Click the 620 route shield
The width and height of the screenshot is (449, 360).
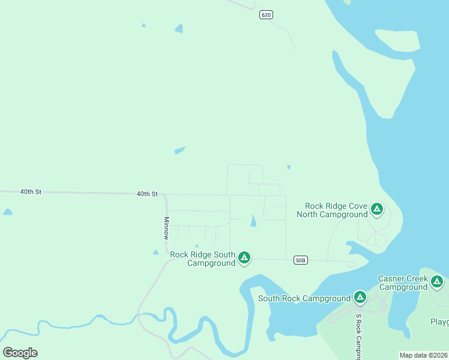[x=267, y=14]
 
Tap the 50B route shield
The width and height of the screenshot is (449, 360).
[x=301, y=260]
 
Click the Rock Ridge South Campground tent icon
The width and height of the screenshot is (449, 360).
[x=244, y=258]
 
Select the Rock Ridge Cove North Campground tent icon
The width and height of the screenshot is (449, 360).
[x=376, y=209]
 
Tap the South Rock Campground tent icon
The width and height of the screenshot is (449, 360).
[x=360, y=297]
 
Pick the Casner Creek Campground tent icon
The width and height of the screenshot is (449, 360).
[x=436, y=281]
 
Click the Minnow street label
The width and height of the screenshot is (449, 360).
[x=166, y=228]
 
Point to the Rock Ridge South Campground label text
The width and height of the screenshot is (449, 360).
[x=203, y=259]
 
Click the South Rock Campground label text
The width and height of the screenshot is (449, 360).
[x=304, y=298]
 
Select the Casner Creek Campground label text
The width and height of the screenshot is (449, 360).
[x=403, y=283]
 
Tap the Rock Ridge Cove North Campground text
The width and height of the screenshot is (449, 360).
[x=332, y=210]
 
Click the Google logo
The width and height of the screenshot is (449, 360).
[x=20, y=352]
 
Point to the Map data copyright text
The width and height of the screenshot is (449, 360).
[x=424, y=355]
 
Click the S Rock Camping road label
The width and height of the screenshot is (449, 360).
[x=358, y=337]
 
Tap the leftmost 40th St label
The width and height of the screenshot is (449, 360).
[x=31, y=192]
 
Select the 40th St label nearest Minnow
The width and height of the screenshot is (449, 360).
[x=146, y=194]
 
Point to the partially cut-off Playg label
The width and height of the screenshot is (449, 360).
[x=439, y=322]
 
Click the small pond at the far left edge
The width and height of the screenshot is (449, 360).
[x=7, y=212]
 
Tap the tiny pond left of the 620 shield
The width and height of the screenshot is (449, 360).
[x=178, y=28]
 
